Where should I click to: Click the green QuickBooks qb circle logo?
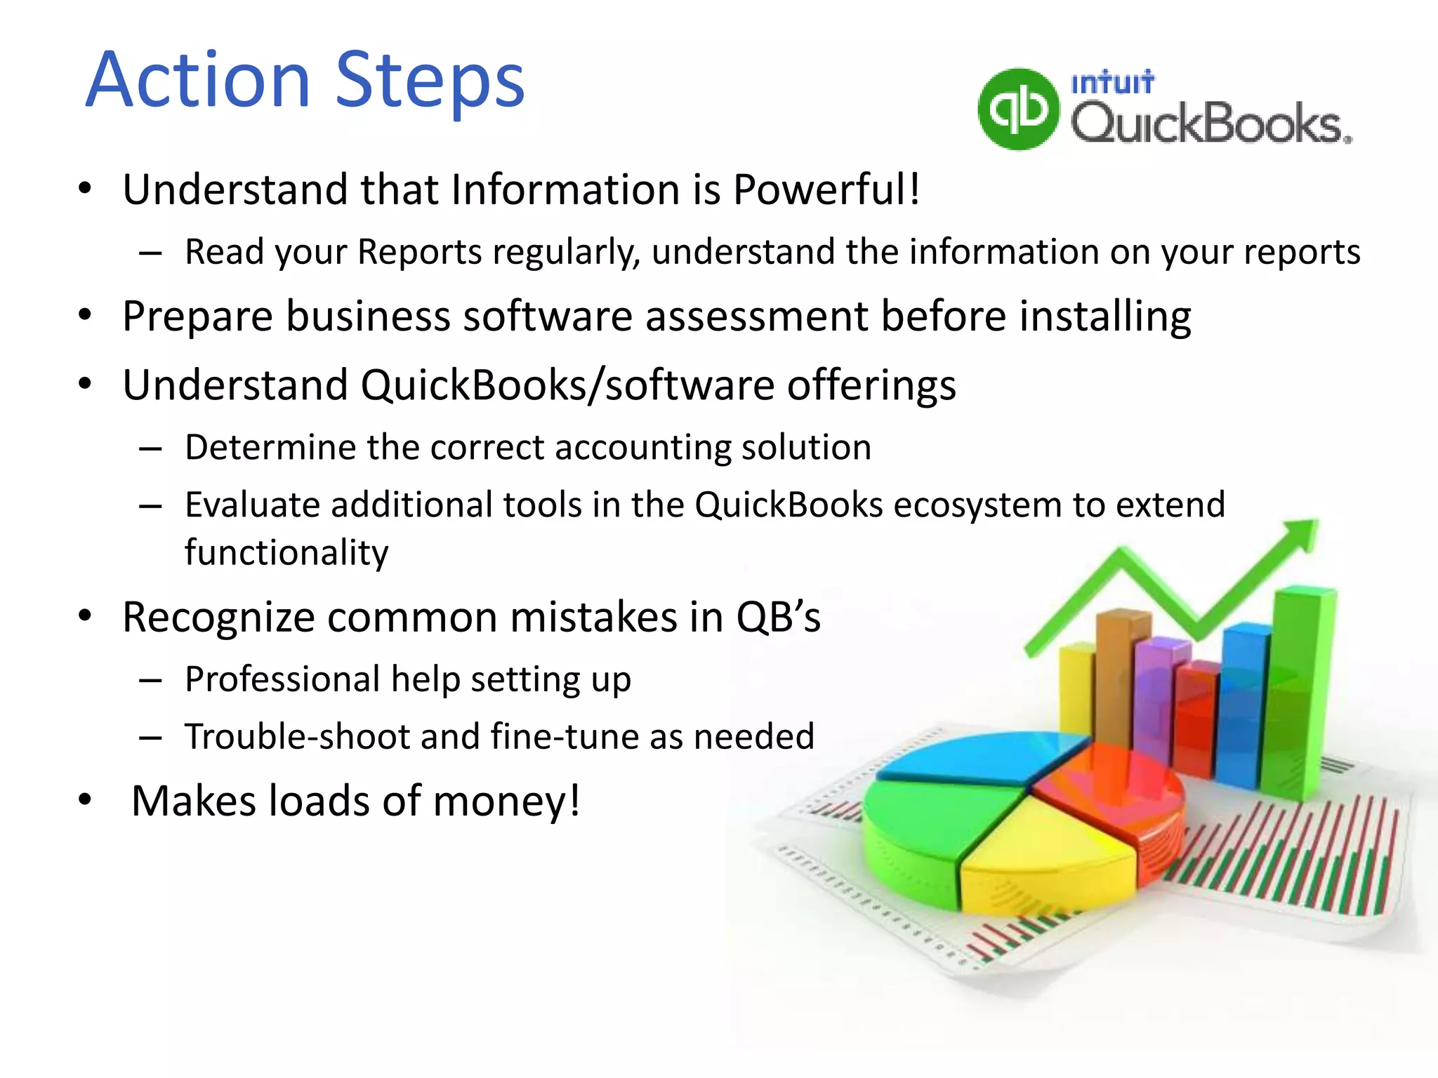coord(1018,109)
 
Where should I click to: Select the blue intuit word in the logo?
coord(1112,83)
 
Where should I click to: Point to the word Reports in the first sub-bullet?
coord(419,251)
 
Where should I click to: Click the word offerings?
coord(871,385)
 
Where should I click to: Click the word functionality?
coord(286,552)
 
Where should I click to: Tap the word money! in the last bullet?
coord(506,801)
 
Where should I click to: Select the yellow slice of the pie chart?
coord(1046,856)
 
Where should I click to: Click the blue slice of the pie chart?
coord(983,757)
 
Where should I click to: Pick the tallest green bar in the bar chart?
coord(1299,695)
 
